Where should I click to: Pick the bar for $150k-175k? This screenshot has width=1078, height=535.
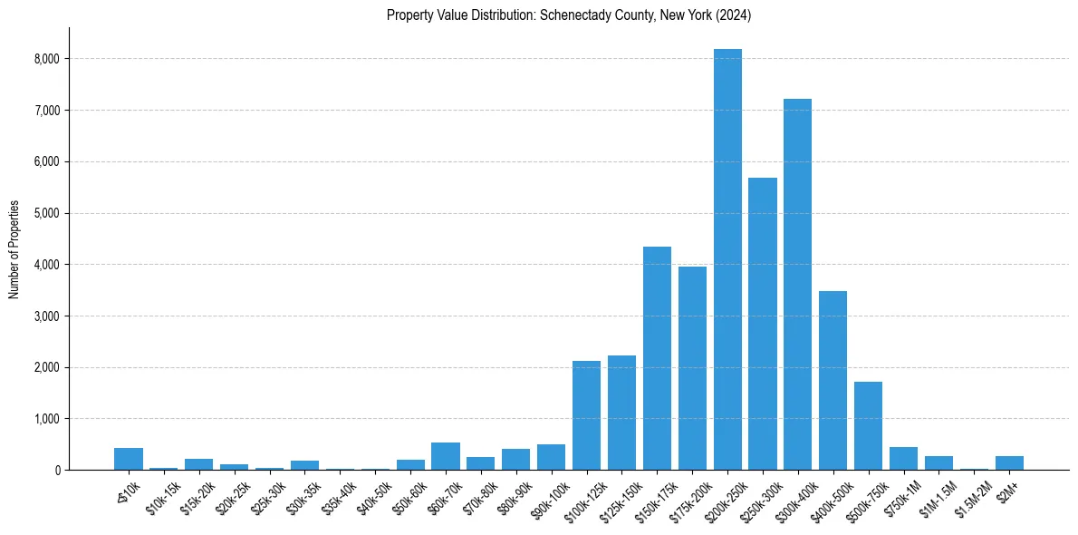tap(657, 358)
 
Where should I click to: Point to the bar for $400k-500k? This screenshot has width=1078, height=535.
tap(833, 381)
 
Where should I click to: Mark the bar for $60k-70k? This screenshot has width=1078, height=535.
tap(446, 456)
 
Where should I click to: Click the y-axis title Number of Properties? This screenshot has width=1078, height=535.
tap(14, 249)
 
